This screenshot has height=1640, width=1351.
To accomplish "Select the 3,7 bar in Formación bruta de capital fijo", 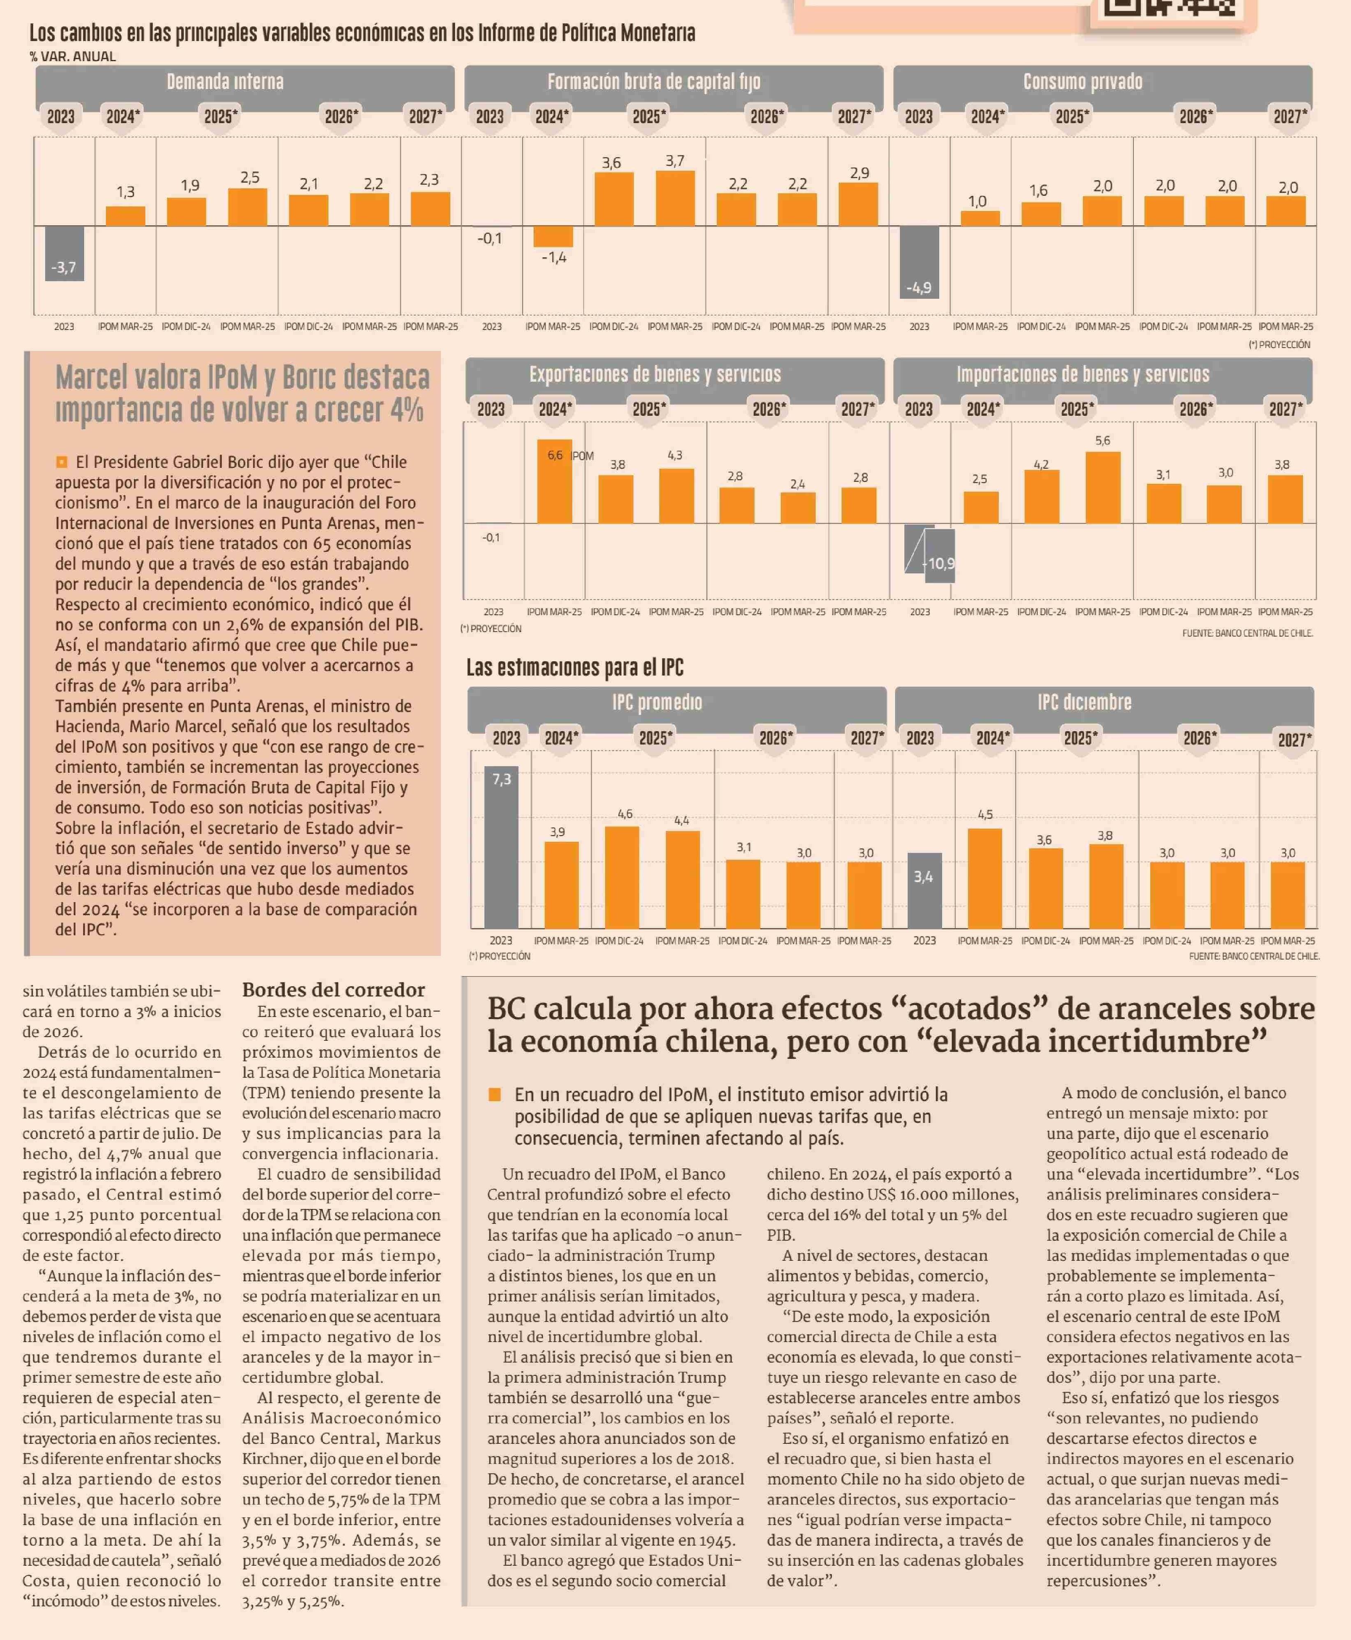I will pos(675,198).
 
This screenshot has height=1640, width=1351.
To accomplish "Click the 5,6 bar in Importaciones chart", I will pos(1103,488).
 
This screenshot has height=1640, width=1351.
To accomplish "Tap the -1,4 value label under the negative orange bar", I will pos(554,257).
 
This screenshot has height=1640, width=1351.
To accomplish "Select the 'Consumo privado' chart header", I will pos(1083,82).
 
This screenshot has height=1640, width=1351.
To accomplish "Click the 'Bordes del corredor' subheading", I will pos(333,989).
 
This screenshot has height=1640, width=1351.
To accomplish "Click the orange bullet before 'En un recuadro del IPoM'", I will pos(494,1095).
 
